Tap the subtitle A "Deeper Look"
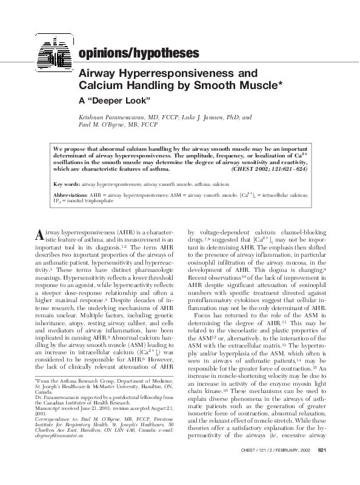(x=115, y=98)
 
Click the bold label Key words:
(x=67, y=183)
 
